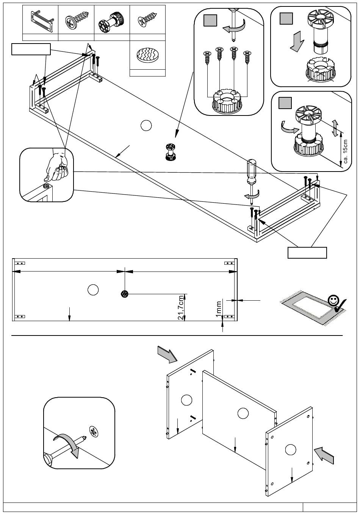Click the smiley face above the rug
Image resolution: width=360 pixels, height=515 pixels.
pos(333,300)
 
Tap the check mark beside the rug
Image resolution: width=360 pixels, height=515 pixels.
pos(340,305)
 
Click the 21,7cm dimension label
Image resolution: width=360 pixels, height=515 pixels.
pos(181,307)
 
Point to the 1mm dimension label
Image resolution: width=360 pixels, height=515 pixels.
pos(219,309)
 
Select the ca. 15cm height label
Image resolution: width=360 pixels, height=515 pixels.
pos(345,151)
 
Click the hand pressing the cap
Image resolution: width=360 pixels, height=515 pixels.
pos(57,167)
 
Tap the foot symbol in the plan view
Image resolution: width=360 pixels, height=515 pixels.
pos(125,293)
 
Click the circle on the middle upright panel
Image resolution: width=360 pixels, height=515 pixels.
pos(243,414)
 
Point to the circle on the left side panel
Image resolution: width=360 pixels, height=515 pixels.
pos(186,400)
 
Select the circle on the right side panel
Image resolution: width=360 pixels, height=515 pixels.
pos(291,449)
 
